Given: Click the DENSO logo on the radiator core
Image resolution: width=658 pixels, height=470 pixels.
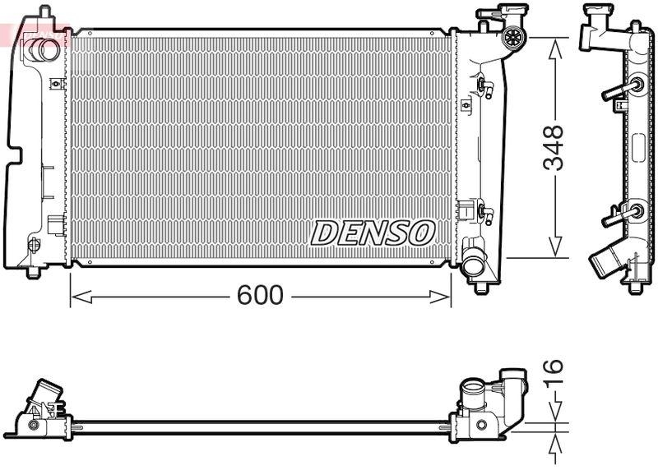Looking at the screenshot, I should tap(372, 233).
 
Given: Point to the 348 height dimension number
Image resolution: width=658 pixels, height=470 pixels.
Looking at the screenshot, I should tap(557, 148).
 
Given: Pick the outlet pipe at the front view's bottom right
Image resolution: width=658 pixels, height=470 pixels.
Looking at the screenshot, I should tap(474, 265).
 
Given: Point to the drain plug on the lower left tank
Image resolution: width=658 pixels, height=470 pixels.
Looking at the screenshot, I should tap(34, 244).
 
